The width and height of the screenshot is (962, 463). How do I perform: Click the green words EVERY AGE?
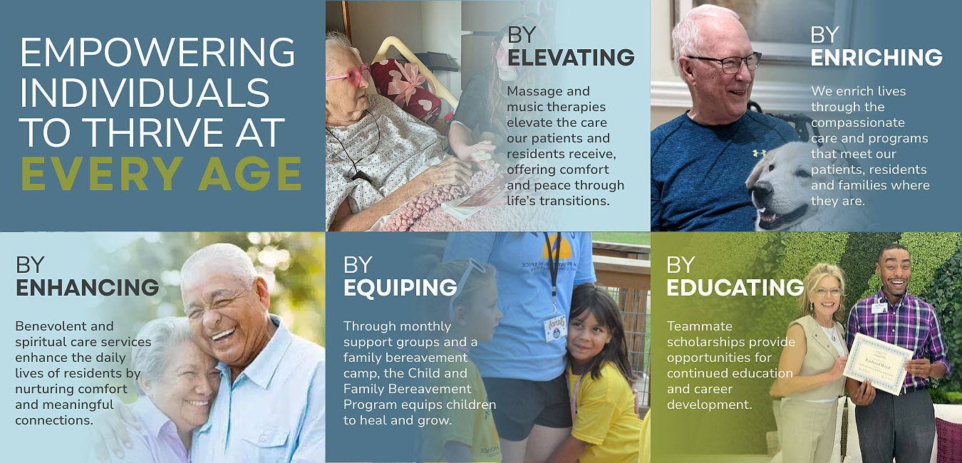pyautogui.click(x=161, y=173)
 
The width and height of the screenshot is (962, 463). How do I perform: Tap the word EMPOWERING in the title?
pyautogui.click(x=157, y=52)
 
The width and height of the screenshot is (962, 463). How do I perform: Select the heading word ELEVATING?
pyautogui.click(x=571, y=57)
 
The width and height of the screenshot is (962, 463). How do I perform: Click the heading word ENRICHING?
pyautogui.click(x=876, y=57)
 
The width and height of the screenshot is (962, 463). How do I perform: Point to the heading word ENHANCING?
pyautogui.click(x=87, y=287)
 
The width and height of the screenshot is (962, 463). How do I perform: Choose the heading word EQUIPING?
pyautogui.click(x=400, y=287)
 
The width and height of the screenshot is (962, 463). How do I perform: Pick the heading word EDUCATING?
pyautogui.click(x=735, y=287)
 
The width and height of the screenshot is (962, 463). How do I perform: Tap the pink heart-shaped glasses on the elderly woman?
pyautogui.click(x=348, y=75)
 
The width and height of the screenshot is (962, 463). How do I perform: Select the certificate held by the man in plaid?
pyautogui.click(x=877, y=363)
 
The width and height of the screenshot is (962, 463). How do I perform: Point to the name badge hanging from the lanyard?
pyautogui.click(x=555, y=328)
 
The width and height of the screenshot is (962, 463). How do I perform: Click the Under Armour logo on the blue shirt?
pyautogui.click(x=759, y=152)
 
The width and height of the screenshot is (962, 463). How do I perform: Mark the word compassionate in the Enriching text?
pyautogui.click(x=858, y=123)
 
